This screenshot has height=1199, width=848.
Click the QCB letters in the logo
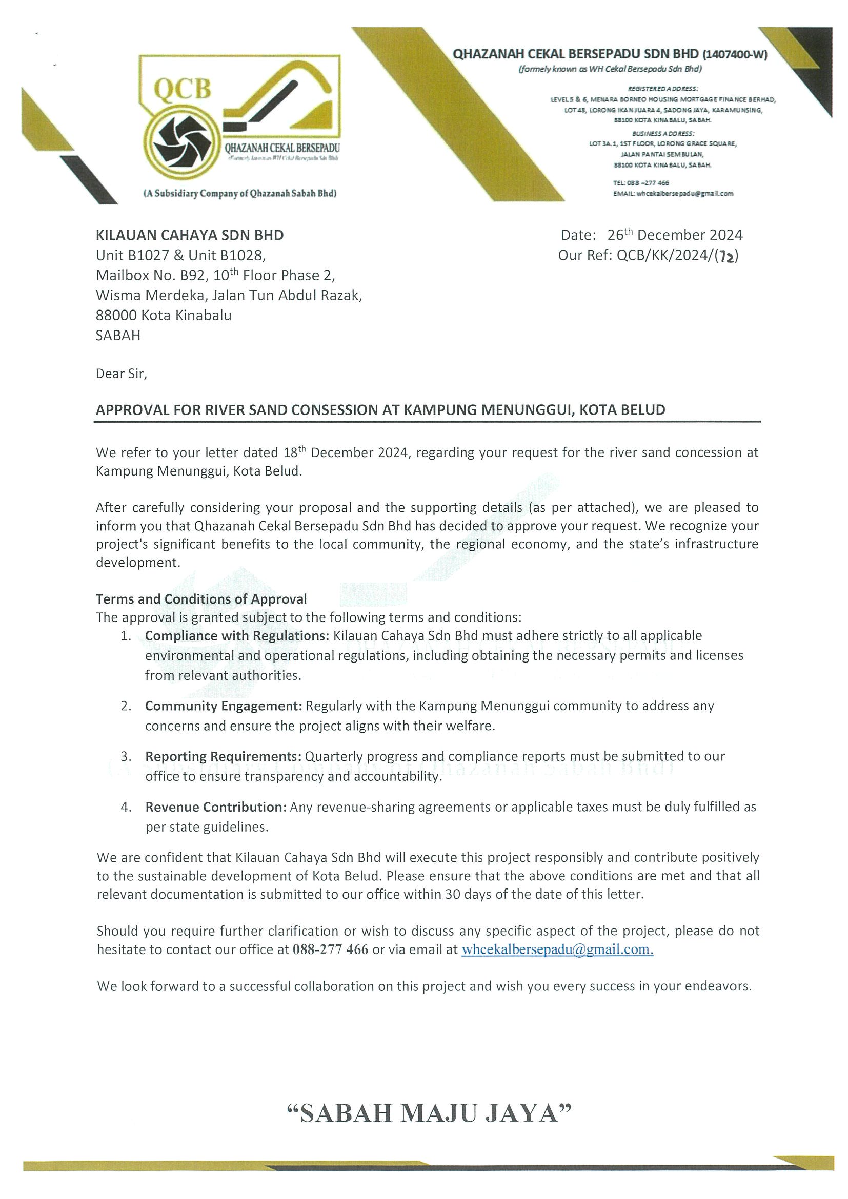tap(183, 90)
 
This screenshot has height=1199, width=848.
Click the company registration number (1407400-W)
tap(735, 54)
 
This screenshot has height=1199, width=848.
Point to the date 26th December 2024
tap(675, 235)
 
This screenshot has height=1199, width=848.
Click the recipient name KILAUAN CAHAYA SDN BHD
tap(190, 235)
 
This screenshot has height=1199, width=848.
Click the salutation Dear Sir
tap(121, 374)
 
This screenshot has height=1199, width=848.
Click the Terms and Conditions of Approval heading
tap(201, 599)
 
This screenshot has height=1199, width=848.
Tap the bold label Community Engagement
tap(224, 706)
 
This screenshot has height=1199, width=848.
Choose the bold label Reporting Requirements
tap(223, 756)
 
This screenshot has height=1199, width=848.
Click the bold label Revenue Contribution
tap(216, 807)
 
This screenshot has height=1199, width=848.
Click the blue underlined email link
tap(557, 949)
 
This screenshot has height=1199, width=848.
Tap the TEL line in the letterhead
tap(641, 183)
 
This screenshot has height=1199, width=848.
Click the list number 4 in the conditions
tap(126, 807)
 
